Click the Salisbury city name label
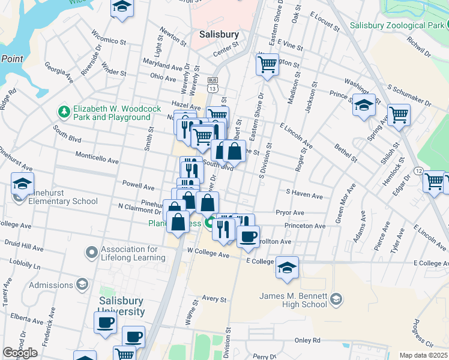click(x=218, y=34)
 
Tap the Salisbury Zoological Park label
click(x=396, y=26)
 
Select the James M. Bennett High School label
click(x=294, y=300)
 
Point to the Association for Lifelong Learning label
click(x=129, y=253)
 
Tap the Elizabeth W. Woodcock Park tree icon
click(x=63, y=112)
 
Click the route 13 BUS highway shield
click(x=212, y=85)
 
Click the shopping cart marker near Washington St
click(x=267, y=64)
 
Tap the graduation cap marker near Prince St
click(x=363, y=106)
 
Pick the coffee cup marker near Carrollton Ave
click(x=247, y=236)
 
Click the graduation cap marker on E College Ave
click(x=287, y=266)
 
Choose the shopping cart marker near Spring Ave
click(x=399, y=115)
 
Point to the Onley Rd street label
click(x=307, y=340)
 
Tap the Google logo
click(x=20, y=353)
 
